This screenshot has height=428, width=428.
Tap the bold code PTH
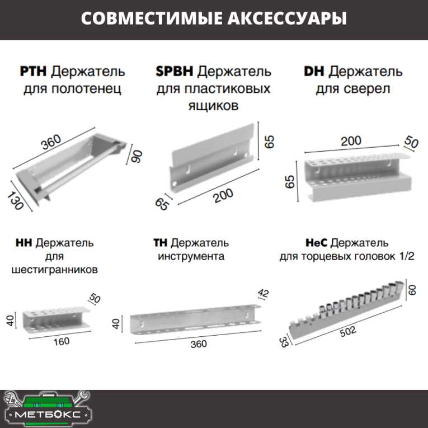tap(35, 72)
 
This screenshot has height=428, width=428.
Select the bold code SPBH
tap(175, 72)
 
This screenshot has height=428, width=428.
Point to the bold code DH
tap(313, 72)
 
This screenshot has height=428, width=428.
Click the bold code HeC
tap(317, 243)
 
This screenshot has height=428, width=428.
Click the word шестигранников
tap(55, 270)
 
